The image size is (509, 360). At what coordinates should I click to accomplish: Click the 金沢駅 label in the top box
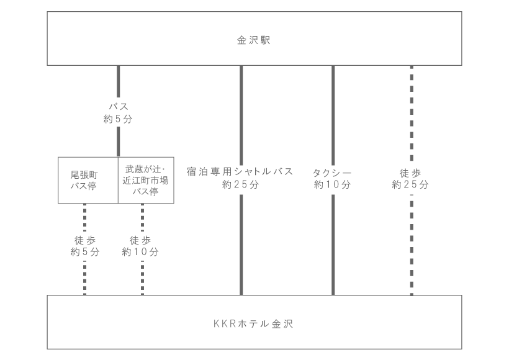[253, 40]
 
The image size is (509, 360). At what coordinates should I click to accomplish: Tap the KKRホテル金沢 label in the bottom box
[253, 323]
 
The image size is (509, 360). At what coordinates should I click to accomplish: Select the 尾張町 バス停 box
[88, 180]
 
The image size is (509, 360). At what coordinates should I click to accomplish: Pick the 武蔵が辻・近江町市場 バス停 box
[146, 180]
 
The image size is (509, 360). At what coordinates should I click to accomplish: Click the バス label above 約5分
[118, 106]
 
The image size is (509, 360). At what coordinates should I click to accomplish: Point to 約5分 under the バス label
[118, 119]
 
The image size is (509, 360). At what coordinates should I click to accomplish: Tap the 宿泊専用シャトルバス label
[240, 171]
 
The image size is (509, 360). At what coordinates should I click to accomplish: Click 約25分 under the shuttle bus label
[241, 184]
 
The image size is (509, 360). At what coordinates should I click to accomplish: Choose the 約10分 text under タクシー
[333, 184]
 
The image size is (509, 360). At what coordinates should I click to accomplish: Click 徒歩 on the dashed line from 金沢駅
[410, 173]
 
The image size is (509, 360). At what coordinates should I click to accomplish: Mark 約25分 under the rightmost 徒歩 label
[410, 184]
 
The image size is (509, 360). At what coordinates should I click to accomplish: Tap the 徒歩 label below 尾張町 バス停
[84, 240]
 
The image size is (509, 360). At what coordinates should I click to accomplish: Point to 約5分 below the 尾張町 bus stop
[84, 251]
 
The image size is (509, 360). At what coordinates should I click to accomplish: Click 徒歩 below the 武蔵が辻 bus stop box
[140, 240]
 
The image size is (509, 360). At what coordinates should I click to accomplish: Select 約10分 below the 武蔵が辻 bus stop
[140, 251]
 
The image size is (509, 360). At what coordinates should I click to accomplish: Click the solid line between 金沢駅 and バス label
[118, 81]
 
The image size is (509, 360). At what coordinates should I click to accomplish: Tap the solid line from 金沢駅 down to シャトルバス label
[241, 115]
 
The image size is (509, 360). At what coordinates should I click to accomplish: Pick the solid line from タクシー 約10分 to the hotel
[333, 245]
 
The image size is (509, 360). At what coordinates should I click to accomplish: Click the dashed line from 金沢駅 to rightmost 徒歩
[412, 113]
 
